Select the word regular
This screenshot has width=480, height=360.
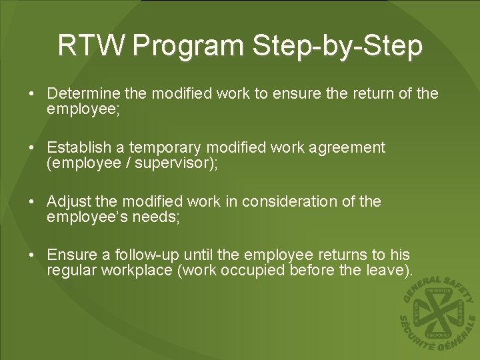point(69,271)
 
